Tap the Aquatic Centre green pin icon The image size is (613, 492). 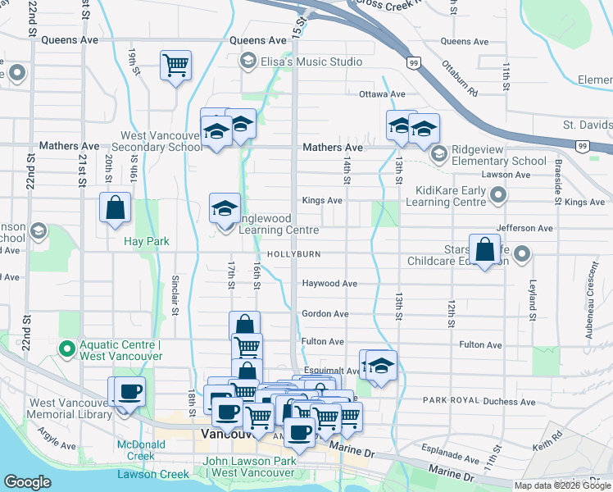(66, 349)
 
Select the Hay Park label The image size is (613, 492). (146, 242)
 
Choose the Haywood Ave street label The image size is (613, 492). (329, 284)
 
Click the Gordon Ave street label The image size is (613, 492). (325, 314)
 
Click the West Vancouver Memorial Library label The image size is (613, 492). (70, 408)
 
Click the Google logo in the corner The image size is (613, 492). (27, 482)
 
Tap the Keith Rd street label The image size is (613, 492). (543, 446)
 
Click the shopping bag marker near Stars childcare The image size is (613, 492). (484, 251)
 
